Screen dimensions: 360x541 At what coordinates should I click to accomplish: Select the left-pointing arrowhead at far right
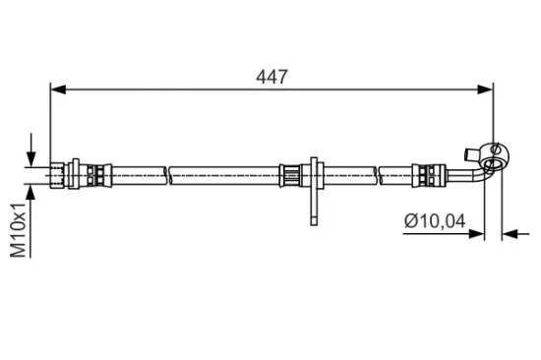509,234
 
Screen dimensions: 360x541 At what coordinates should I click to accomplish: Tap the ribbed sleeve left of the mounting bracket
289,175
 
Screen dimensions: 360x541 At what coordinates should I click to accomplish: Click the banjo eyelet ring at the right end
495,153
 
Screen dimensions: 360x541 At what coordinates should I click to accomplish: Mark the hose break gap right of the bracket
378,175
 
